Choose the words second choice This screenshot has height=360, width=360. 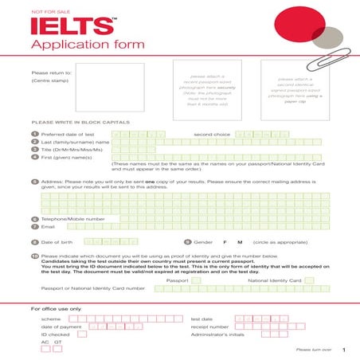tap(213, 135)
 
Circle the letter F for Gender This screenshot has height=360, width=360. tap(225, 241)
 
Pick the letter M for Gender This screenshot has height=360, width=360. tap(238, 241)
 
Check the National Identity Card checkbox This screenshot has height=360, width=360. tap(309, 280)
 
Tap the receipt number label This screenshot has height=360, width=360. tap(209, 327)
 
